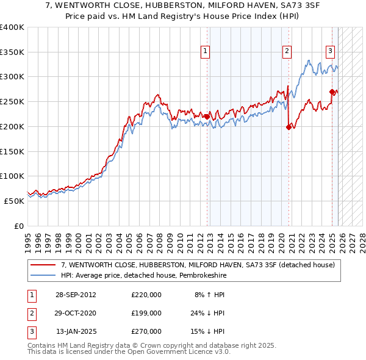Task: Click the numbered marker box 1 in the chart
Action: click(x=206, y=51)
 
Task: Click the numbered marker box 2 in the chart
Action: click(x=287, y=51)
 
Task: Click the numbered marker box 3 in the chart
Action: click(x=330, y=51)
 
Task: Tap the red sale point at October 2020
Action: click(x=289, y=127)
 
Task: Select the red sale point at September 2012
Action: click(x=207, y=117)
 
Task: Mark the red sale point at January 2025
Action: click(x=332, y=92)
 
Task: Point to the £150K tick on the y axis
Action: click(x=12, y=151)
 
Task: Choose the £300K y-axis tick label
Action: click(x=12, y=77)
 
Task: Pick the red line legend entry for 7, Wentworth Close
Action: click(x=198, y=265)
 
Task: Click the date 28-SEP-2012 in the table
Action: click(x=75, y=295)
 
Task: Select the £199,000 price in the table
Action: click(x=146, y=313)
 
